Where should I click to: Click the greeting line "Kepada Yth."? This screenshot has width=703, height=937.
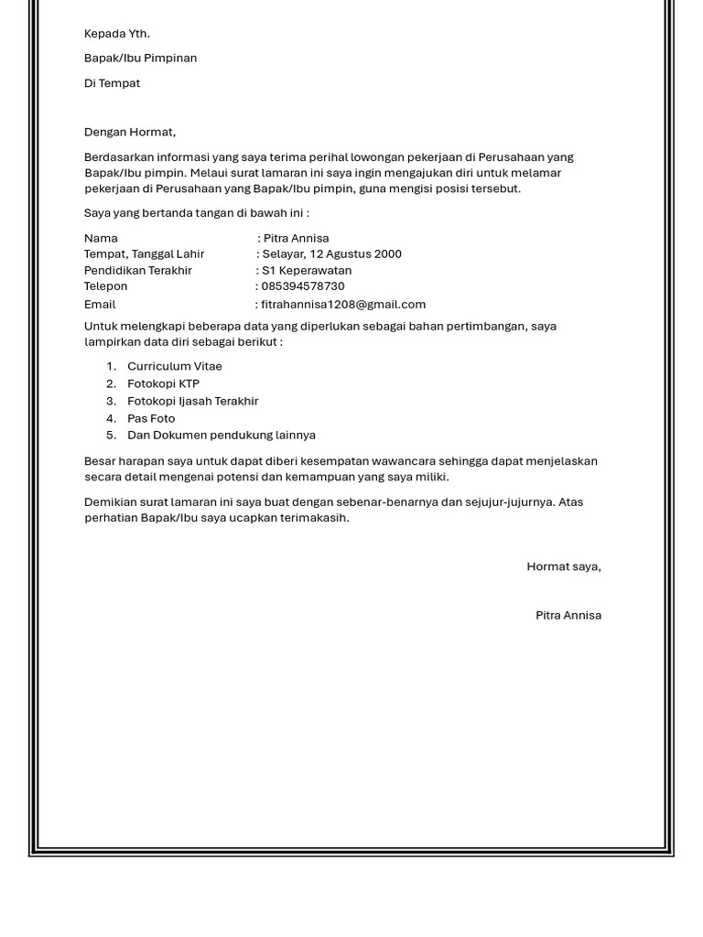click(117, 34)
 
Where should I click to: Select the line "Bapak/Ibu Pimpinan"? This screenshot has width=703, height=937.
click(140, 59)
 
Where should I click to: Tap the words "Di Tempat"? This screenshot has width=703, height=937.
click(112, 83)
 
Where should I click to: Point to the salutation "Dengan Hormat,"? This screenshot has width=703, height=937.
click(130, 132)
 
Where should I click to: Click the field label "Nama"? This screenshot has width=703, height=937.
click(101, 238)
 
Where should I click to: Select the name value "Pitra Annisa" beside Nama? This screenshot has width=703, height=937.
click(296, 238)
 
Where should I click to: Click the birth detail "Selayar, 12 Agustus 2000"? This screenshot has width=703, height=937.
click(331, 254)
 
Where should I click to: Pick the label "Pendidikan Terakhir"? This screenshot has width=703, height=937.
click(138, 271)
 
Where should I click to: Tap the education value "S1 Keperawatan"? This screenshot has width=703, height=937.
click(307, 271)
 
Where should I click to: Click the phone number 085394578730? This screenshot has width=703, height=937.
click(303, 286)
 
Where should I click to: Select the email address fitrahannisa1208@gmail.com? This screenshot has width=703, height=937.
click(343, 305)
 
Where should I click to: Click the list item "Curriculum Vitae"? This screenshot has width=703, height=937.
click(175, 366)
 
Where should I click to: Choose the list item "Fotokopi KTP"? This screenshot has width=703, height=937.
click(163, 383)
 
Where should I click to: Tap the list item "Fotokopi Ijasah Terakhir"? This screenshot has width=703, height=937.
click(193, 401)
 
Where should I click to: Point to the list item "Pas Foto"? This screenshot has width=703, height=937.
click(151, 418)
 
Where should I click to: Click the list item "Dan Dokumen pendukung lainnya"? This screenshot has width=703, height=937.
click(222, 436)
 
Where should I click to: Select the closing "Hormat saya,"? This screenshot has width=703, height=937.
click(564, 566)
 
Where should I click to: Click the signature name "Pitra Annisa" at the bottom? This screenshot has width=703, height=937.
click(568, 616)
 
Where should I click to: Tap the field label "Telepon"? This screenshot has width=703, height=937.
click(106, 286)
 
